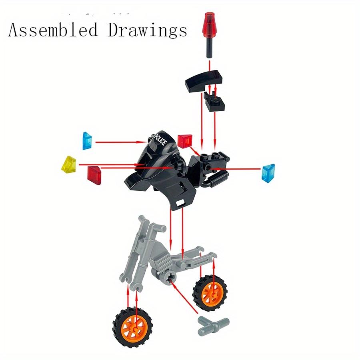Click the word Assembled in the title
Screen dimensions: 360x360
[53, 30]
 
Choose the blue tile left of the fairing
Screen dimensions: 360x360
[88, 140]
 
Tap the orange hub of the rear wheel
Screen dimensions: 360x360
[210, 294]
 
